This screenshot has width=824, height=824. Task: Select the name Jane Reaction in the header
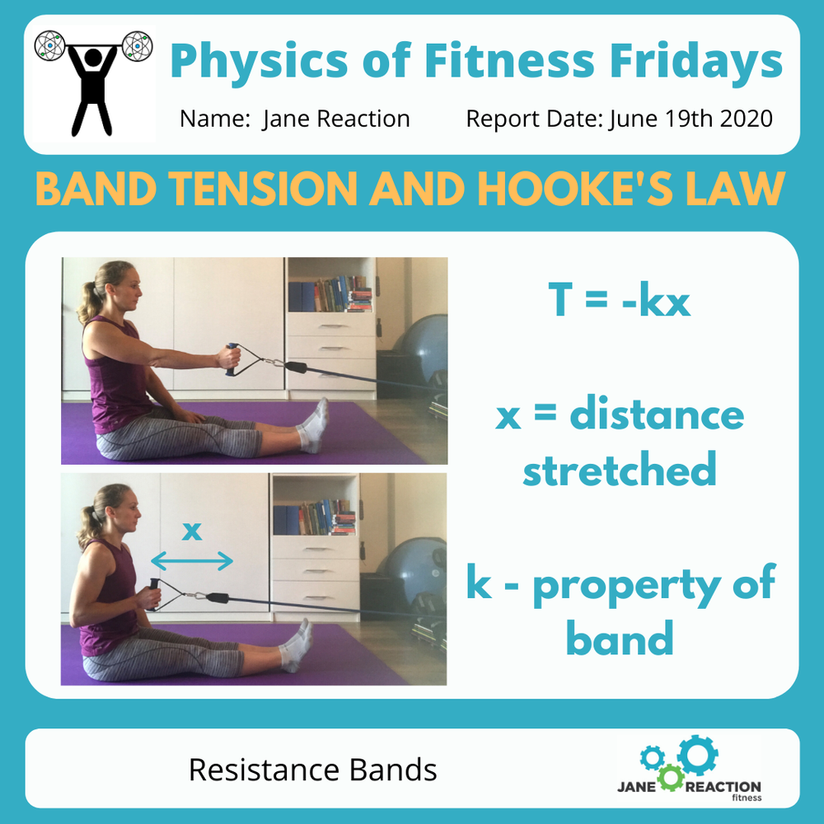[336, 119]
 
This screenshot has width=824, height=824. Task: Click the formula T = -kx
[619, 302]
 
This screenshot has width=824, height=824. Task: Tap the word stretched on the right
[619, 471]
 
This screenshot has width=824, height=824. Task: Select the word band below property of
[619, 638]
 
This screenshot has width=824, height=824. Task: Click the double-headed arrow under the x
[192, 561]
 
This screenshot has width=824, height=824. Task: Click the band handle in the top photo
[232, 359]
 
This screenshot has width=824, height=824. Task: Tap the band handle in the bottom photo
[154, 594]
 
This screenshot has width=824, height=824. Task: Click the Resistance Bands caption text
[312, 770]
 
